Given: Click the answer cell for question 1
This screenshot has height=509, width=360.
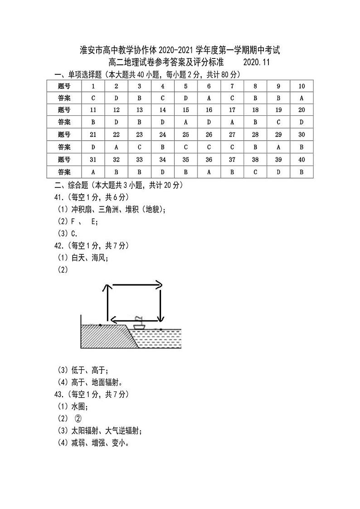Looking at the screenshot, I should click(x=93, y=98).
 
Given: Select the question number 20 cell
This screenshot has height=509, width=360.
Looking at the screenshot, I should click(x=302, y=110).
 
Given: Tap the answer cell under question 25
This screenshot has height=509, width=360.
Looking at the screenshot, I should click(x=186, y=147).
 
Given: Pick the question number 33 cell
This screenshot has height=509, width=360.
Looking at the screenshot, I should click(x=140, y=160).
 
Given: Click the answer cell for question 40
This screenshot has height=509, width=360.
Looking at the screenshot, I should click(x=302, y=172).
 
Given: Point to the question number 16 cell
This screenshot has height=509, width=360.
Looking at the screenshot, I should click(x=209, y=110).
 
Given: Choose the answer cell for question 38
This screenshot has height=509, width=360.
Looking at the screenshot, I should click(x=256, y=172).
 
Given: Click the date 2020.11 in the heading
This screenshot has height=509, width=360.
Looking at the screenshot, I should click(x=256, y=63).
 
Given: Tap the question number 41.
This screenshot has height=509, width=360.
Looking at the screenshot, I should click(x=59, y=197).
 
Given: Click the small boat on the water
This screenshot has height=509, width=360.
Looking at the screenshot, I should click(x=139, y=323).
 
